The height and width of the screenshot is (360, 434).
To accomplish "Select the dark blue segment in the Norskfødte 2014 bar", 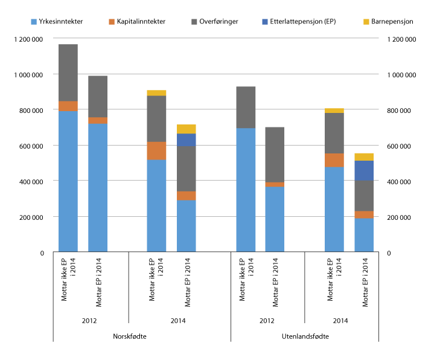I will click(186, 140).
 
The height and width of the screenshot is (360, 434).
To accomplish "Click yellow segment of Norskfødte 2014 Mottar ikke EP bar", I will click(156, 92).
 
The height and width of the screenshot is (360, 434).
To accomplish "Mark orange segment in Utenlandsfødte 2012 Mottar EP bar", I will click(275, 184).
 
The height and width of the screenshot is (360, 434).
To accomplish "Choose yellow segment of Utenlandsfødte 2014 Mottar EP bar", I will click(364, 157).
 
